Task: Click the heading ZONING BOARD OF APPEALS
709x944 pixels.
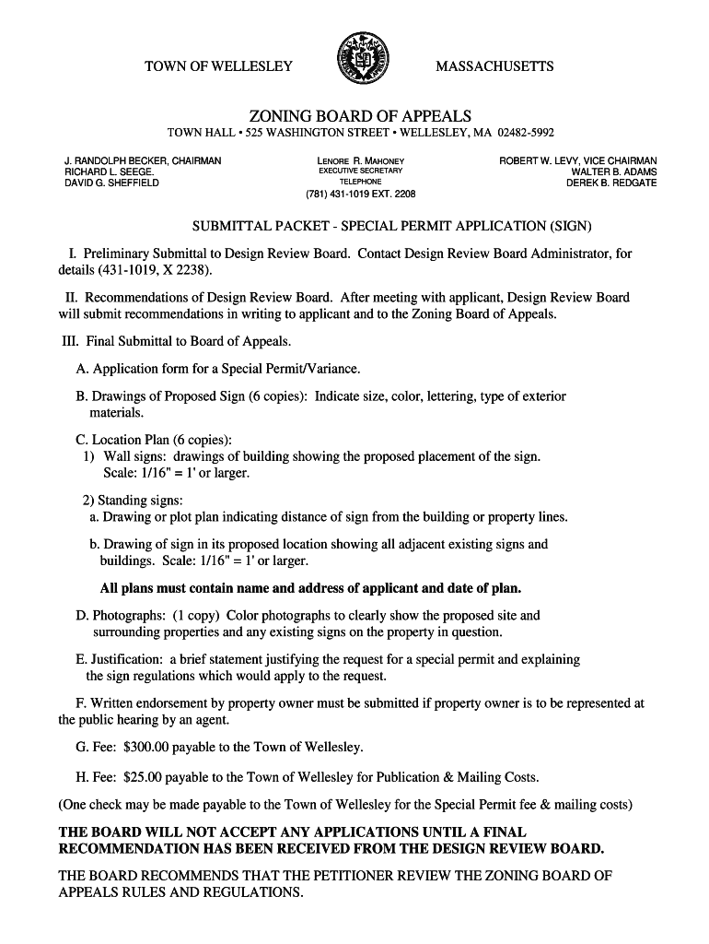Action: click(x=360, y=116)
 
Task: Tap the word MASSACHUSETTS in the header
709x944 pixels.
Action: click(x=494, y=66)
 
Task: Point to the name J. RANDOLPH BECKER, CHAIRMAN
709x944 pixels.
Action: click(x=143, y=161)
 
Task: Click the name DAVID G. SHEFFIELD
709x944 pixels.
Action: click(x=111, y=183)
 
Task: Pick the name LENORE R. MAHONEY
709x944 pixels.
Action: click(x=361, y=161)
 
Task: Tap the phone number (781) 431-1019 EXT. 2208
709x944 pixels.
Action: click(x=361, y=195)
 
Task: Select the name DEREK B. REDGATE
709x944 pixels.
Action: click(x=611, y=183)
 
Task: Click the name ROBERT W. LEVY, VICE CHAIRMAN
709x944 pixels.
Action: click(x=578, y=161)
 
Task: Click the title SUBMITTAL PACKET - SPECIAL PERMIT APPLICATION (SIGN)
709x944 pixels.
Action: click(x=390, y=226)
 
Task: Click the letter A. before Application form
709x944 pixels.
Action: click(x=83, y=370)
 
